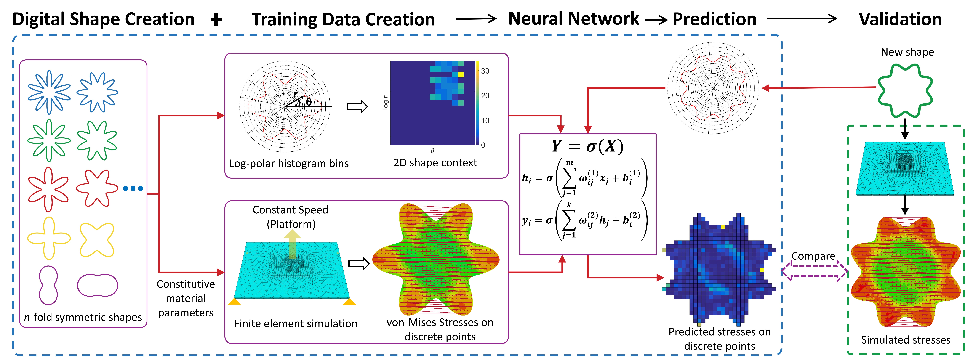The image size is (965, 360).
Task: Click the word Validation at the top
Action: coord(900,19)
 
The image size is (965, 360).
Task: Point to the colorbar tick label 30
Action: coord(485,71)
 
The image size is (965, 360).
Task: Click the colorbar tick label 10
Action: coord(485,121)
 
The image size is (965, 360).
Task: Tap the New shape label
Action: coord(907,52)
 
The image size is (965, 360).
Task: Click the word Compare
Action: coord(813,256)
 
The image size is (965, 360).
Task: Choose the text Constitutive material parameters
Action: coord(186,298)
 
